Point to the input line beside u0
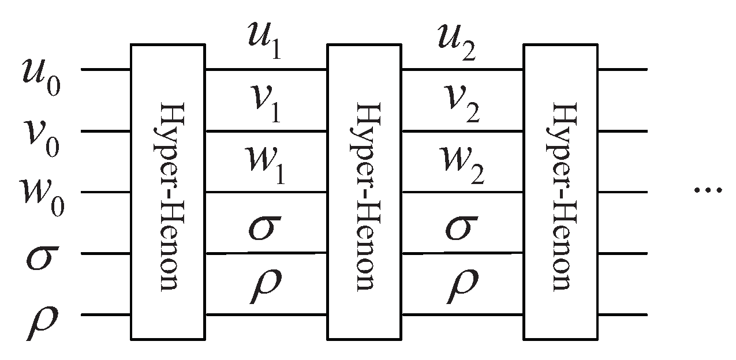(x=106, y=70)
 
